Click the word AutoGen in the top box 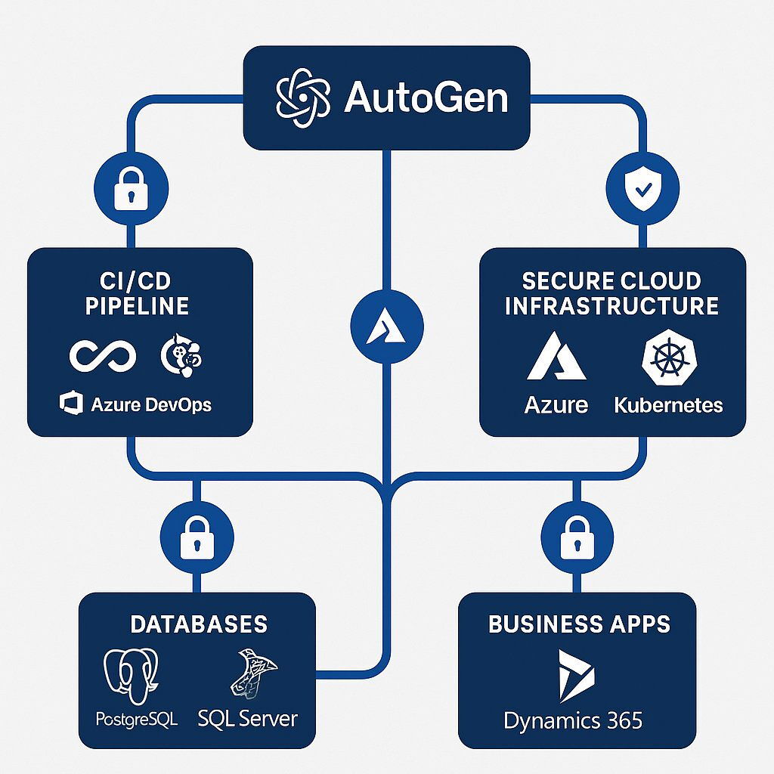426,98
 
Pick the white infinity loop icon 102,355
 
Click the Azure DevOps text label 150,404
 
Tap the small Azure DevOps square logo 70,404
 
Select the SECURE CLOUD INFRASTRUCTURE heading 611,293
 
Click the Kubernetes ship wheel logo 668,358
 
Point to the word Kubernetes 668,404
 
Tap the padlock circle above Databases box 197,537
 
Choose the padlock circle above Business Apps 577,537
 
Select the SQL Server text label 248,717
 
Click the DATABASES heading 198,624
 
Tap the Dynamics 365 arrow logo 576,675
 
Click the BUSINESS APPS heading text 579,624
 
